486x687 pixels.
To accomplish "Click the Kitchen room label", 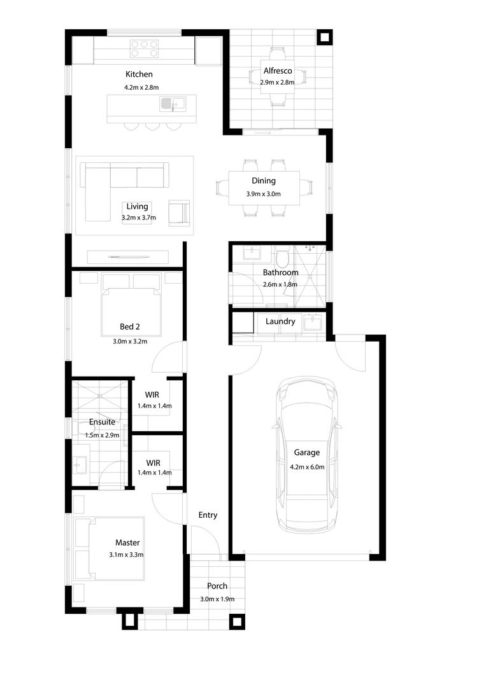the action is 139,74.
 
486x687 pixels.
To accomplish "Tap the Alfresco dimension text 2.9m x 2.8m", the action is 277,82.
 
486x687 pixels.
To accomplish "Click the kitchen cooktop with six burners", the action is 144,48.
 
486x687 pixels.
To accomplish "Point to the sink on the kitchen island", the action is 173,104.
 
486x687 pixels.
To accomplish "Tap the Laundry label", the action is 280,322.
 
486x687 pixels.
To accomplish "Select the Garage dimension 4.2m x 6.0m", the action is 307,467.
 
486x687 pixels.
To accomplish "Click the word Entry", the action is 208,515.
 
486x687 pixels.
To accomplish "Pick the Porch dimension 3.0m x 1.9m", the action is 217,599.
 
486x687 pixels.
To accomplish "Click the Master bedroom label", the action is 127,543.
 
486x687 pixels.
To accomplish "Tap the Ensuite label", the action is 102,422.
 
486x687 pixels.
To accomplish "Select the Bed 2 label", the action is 130,327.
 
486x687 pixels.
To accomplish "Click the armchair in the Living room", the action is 179,213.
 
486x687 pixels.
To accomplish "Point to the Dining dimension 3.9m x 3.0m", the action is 263,193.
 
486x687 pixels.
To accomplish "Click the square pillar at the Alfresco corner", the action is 325,38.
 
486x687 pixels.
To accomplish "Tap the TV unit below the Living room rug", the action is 127,257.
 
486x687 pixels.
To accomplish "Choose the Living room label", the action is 138,207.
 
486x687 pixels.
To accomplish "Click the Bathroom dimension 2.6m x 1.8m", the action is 280,284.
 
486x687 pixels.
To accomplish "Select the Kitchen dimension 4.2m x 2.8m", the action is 141,87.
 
